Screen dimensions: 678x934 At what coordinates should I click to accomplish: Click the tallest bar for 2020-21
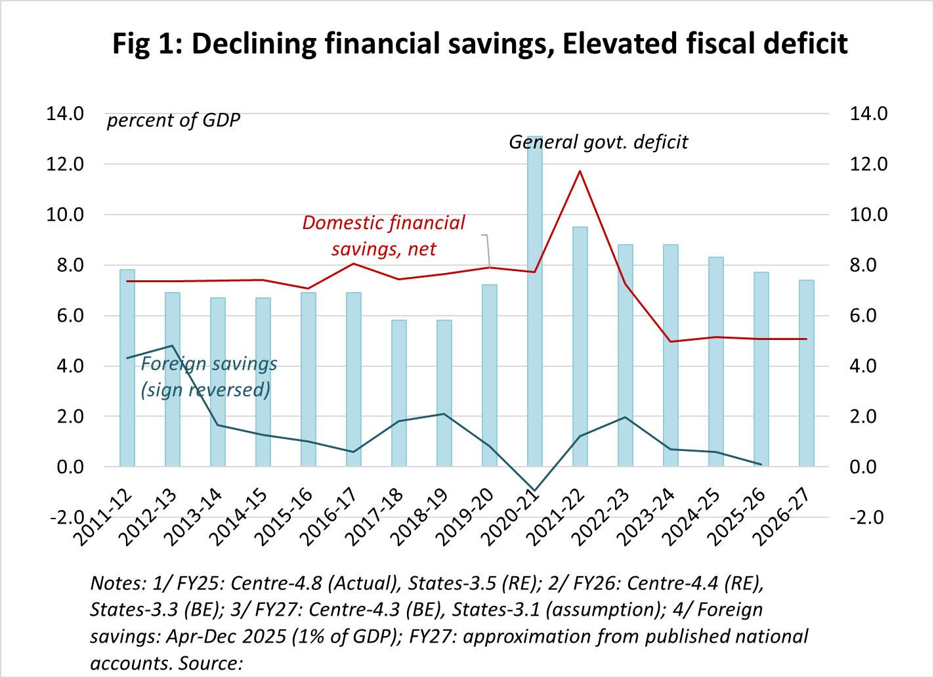point(535,302)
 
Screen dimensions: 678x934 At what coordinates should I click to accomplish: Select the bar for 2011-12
point(127,368)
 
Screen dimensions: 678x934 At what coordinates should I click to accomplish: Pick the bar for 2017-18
point(399,393)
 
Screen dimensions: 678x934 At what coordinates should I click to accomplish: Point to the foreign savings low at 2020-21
point(535,490)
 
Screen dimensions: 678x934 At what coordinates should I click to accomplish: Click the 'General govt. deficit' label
point(599,142)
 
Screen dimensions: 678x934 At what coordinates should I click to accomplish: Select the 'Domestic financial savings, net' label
point(383,236)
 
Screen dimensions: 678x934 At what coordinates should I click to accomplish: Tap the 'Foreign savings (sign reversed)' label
point(209,377)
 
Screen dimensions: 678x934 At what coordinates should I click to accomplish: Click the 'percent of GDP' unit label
point(173,121)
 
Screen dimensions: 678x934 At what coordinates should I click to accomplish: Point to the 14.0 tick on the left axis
point(64,114)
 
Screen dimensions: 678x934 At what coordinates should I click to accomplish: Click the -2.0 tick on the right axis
point(868,517)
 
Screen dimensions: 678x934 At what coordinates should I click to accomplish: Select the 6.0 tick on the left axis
point(64,316)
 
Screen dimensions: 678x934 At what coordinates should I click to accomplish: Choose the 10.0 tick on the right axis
point(868,215)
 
